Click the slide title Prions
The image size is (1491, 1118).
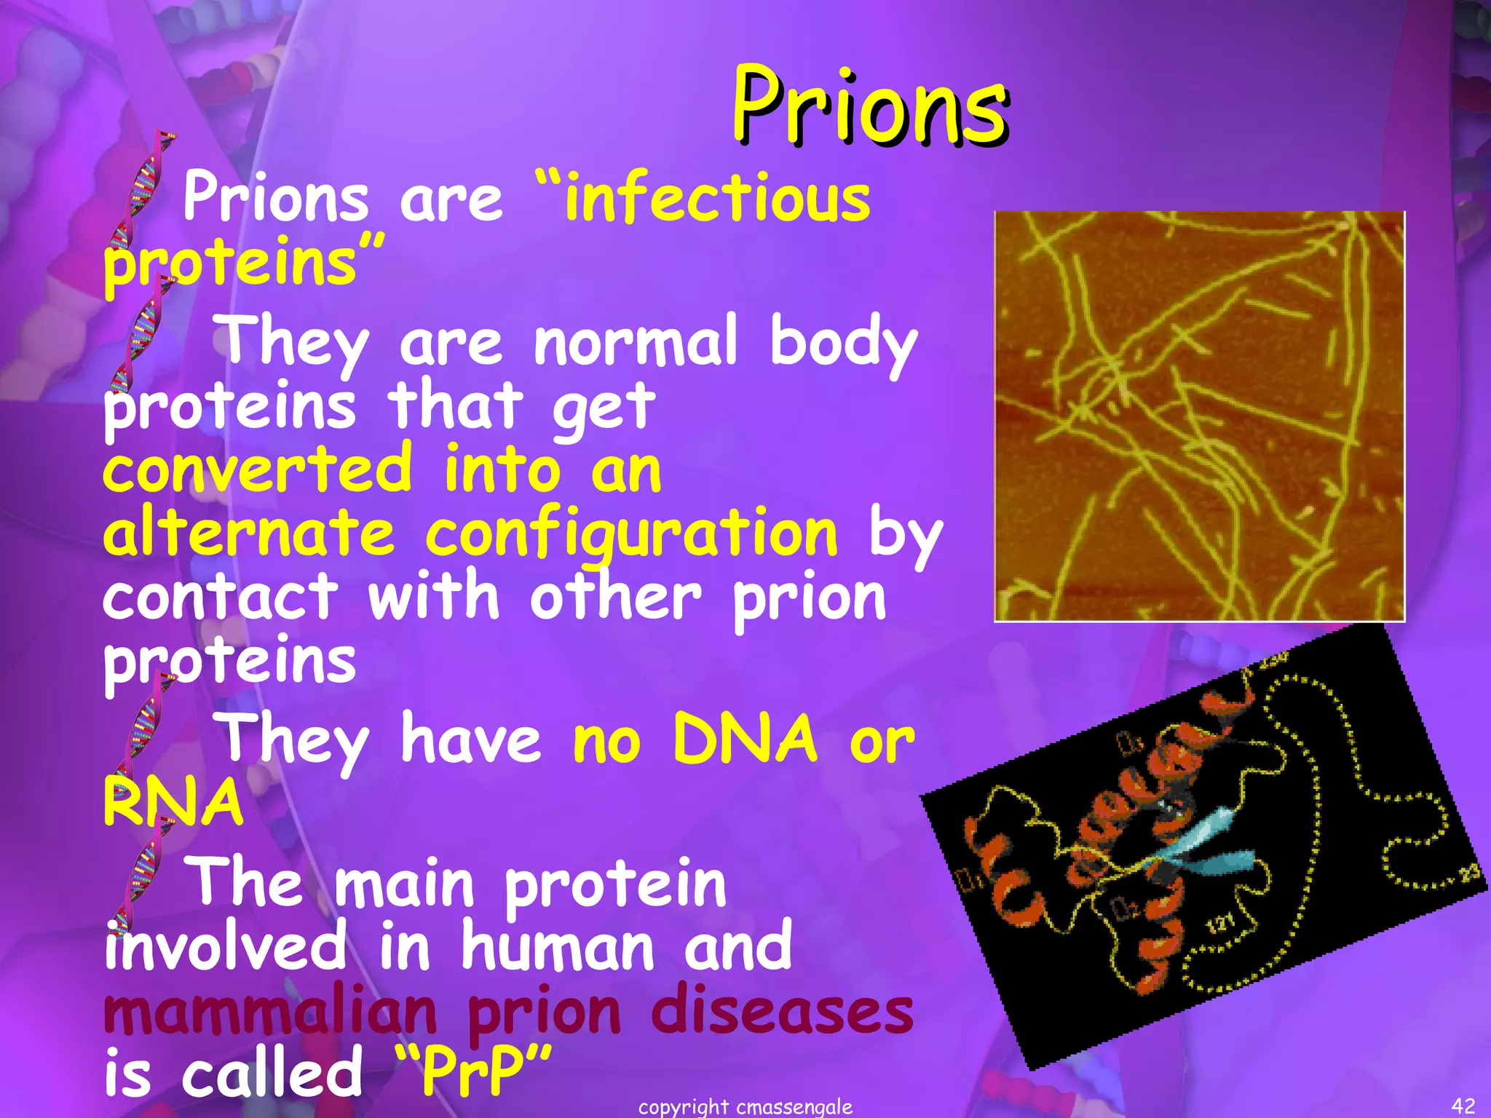pos(869,107)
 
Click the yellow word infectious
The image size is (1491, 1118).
pos(717,198)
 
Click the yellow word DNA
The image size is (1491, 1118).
pos(745,740)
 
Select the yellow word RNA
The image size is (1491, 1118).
pos(173,802)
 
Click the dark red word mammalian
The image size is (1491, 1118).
pos(270,1012)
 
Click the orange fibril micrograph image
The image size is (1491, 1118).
pos(1199,416)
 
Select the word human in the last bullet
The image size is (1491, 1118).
pos(556,946)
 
